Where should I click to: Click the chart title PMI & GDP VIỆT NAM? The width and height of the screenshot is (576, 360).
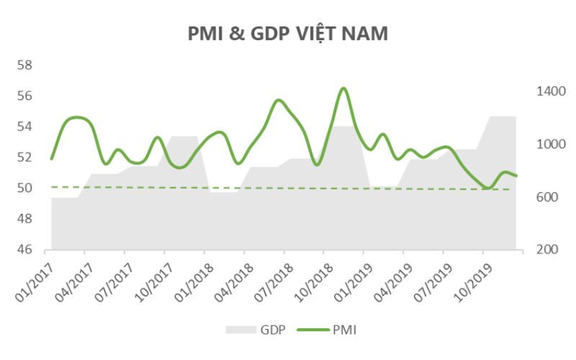coord(288,34)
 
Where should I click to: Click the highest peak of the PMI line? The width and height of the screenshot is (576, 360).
coord(343,89)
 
